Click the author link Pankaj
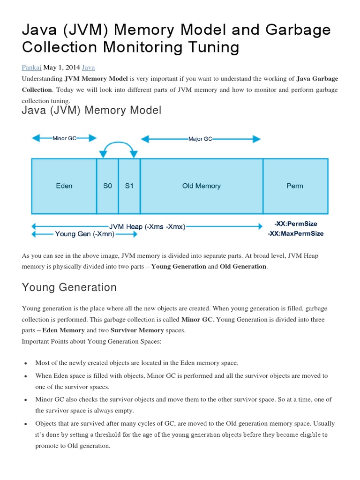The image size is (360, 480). pos(31,67)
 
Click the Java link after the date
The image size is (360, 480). pos(88,67)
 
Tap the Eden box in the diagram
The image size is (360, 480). pos(64,186)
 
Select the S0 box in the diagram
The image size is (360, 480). pos(108,186)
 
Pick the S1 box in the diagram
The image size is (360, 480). pos(129,186)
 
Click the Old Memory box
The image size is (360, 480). pos(201,186)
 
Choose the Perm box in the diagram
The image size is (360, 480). pos(295,186)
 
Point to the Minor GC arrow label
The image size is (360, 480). pos(64,138)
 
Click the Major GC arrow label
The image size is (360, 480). pos(200,139)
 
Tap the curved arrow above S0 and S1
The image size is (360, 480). pos(118,146)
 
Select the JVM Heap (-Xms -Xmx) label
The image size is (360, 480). pos(147,226)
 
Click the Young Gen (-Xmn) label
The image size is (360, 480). pos(84,234)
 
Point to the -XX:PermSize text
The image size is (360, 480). pos(295,224)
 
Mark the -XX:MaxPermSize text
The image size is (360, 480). pos(295,233)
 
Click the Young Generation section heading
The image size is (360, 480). pos(69,287)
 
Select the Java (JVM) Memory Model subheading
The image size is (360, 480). pos(91,111)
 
